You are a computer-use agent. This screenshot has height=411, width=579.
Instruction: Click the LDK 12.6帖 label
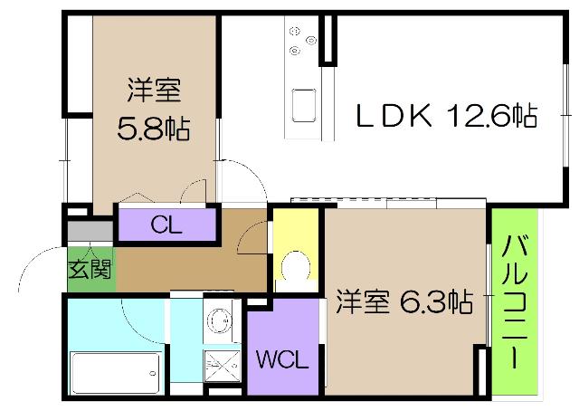point(447,116)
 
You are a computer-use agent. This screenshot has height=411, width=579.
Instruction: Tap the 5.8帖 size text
point(154,129)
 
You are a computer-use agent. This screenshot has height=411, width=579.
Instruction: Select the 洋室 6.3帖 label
point(404,301)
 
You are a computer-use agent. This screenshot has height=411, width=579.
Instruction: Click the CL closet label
point(166,225)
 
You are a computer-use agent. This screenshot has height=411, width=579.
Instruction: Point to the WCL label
point(282,358)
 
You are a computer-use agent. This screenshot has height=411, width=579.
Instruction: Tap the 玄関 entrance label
point(90,269)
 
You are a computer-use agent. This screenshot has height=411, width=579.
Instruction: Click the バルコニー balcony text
point(515,301)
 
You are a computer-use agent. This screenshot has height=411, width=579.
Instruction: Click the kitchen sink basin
point(304,106)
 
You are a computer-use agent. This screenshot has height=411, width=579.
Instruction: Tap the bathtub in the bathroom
point(116,373)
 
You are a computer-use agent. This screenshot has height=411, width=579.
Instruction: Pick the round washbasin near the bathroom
point(219,320)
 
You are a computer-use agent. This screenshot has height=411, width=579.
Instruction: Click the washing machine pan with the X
point(223,366)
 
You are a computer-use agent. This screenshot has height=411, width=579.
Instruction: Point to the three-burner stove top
point(302,41)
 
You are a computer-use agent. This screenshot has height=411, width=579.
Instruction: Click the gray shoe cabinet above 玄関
point(90,231)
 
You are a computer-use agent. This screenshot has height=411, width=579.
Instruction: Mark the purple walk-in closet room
point(283,347)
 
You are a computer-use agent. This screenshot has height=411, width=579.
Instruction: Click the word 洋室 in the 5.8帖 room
point(154,90)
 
